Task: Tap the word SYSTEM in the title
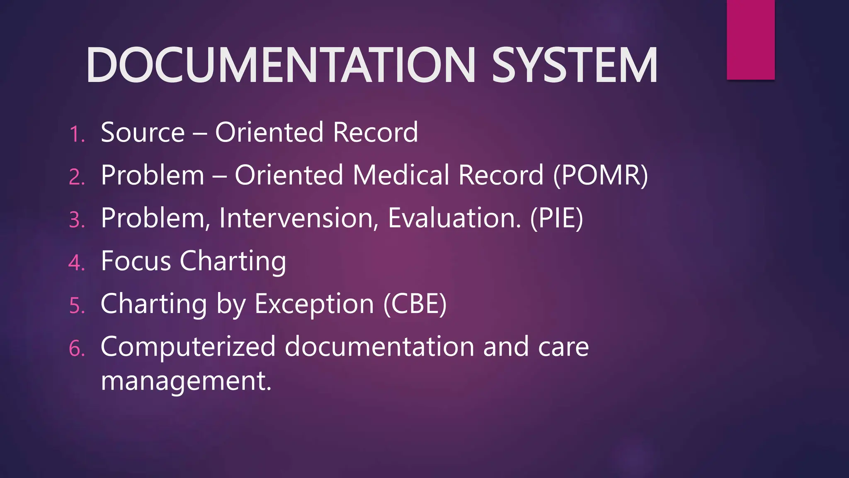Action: [x=574, y=66]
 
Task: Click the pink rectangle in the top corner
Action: [x=750, y=39]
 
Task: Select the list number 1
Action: [x=77, y=134]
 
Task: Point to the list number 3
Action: [x=77, y=220]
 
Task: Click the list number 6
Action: [x=77, y=349]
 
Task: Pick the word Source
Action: [x=143, y=133]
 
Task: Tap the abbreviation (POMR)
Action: [x=601, y=175]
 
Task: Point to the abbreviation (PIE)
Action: [x=556, y=218]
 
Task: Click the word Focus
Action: [x=136, y=261]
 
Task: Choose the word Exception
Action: [x=314, y=304]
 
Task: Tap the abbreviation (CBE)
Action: [x=415, y=304]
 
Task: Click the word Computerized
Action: [x=188, y=347]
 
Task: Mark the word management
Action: [x=186, y=381]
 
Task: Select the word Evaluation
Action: [x=454, y=218]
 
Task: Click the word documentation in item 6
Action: [x=379, y=347]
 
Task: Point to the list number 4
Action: [x=77, y=263]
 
